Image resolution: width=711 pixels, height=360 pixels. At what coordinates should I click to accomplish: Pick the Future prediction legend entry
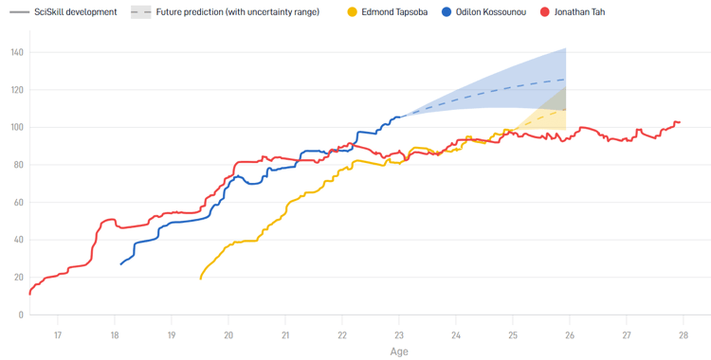[237, 12]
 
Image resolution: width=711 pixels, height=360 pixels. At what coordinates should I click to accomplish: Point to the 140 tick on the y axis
[16, 52]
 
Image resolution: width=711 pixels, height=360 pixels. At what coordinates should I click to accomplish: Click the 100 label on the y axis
[16, 127]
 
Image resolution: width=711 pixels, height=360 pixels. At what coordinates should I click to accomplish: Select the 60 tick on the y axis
[18, 202]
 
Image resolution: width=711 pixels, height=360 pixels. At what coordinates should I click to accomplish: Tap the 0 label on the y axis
[21, 315]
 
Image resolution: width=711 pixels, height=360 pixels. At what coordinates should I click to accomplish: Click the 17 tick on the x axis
[58, 334]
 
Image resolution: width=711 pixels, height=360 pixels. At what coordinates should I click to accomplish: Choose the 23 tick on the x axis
[399, 334]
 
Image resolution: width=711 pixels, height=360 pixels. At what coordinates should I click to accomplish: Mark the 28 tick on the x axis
[683, 334]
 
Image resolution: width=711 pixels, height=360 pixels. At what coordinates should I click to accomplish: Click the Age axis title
[399, 351]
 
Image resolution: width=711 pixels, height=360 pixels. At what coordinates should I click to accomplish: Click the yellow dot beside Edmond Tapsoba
[353, 12]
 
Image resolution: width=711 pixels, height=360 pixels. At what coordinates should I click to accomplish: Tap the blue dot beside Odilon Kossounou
[447, 12]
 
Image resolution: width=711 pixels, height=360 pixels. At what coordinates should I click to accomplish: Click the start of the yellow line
[200, 279]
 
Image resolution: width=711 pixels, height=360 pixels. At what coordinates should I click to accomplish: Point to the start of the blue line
[120, 263]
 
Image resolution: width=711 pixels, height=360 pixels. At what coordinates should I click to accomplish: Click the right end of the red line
[680, 122]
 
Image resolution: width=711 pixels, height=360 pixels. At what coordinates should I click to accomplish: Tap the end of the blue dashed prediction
[566, 79]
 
